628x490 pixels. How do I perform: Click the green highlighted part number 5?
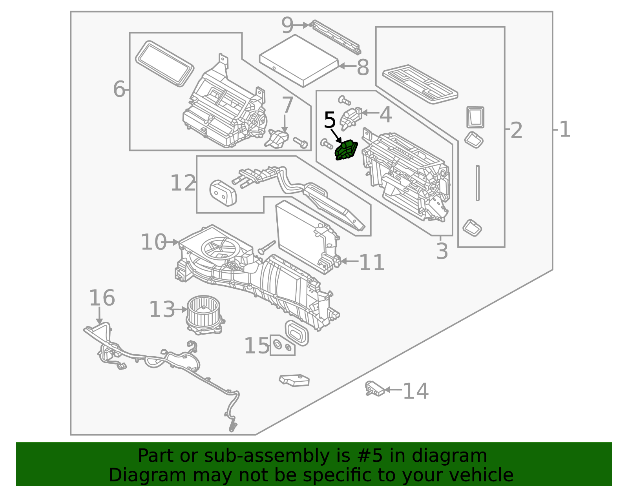click(x=346, y=151)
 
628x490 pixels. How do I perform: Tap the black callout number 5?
click(x=330, y=120)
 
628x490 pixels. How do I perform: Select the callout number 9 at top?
click(x=287, y=26)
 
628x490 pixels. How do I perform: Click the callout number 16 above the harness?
click(x=102, y=298)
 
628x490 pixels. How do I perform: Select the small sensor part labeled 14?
click(x=374, y=389)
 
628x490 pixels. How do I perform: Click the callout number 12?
click(x=183, y=183)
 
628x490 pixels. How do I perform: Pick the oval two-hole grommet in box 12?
click(x=223, y=193)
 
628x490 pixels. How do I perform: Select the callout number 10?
click(x=153, y=242)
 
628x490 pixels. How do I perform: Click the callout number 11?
click(x=371, y=262)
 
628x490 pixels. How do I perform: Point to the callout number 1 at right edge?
click(x=565, y=129)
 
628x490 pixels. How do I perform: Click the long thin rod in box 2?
click(x=477, y=183)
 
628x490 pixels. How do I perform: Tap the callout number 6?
click(x=119, y=89)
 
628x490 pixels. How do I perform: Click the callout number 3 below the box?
click(x=442, y=251)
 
